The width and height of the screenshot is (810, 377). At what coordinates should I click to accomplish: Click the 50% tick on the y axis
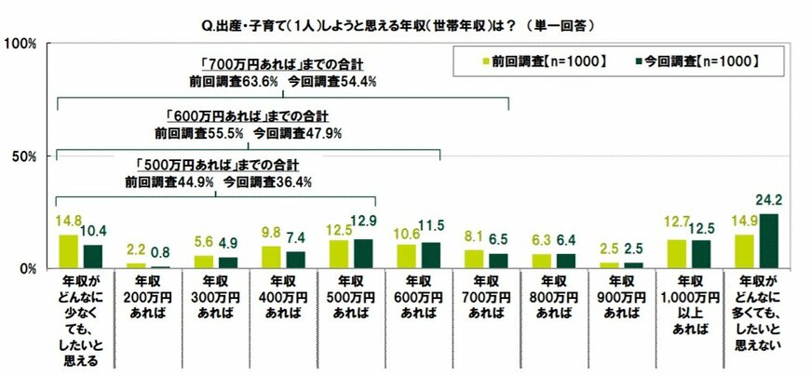[x=23, y=155]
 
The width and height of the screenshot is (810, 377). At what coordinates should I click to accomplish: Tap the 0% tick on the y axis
[x=27, y=268]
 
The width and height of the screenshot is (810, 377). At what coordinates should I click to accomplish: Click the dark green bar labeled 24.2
[x=768, y=241]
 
